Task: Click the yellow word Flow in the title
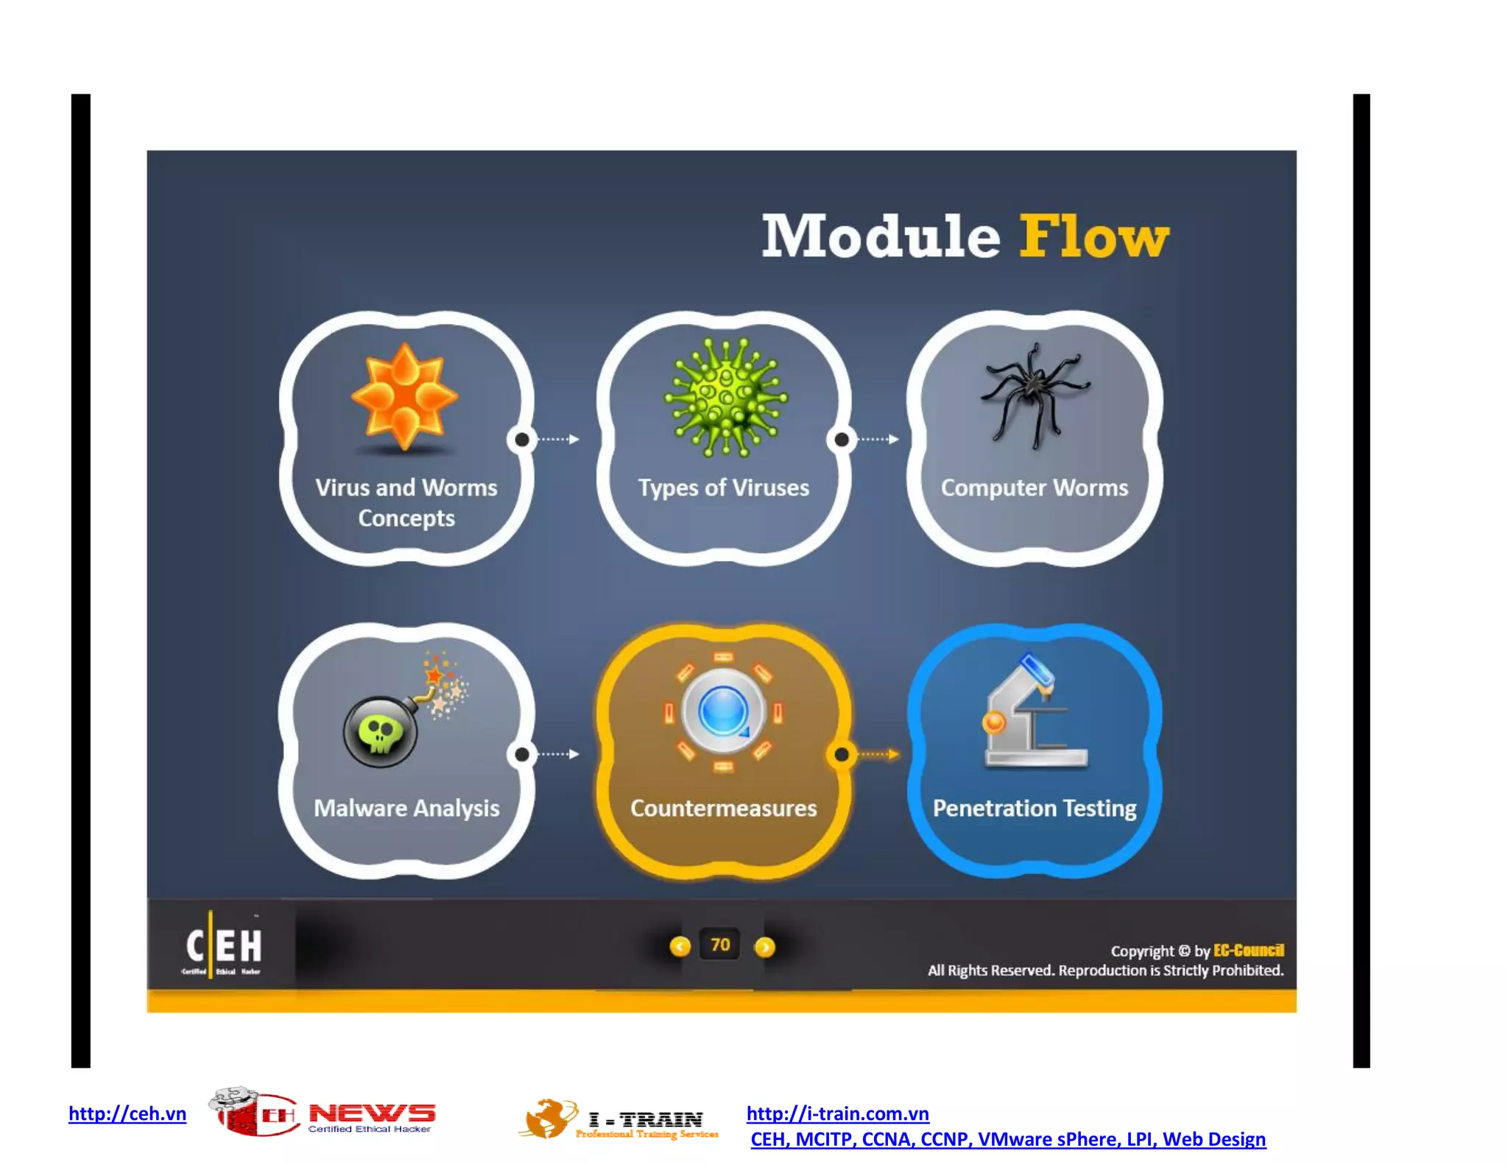click(1093, 237)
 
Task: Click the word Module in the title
click(881, 237)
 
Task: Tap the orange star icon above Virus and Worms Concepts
click(404, 396)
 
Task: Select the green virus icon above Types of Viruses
click(725, 396)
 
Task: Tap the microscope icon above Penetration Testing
click(1034, 712)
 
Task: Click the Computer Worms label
click(1034, 488)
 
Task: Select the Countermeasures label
click(723, 808)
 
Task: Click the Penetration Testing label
click(1034, 808)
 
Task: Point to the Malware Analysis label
click(406, 808)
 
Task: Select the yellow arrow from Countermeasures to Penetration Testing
click(878, 754)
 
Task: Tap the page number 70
click(720, 945)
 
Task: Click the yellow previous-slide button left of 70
click(680, 946)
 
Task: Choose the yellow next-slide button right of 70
click(765, 946)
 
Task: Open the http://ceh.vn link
click(127, 1113)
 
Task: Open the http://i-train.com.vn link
click(837, 1113)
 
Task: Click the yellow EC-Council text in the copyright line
click(1248, 950)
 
